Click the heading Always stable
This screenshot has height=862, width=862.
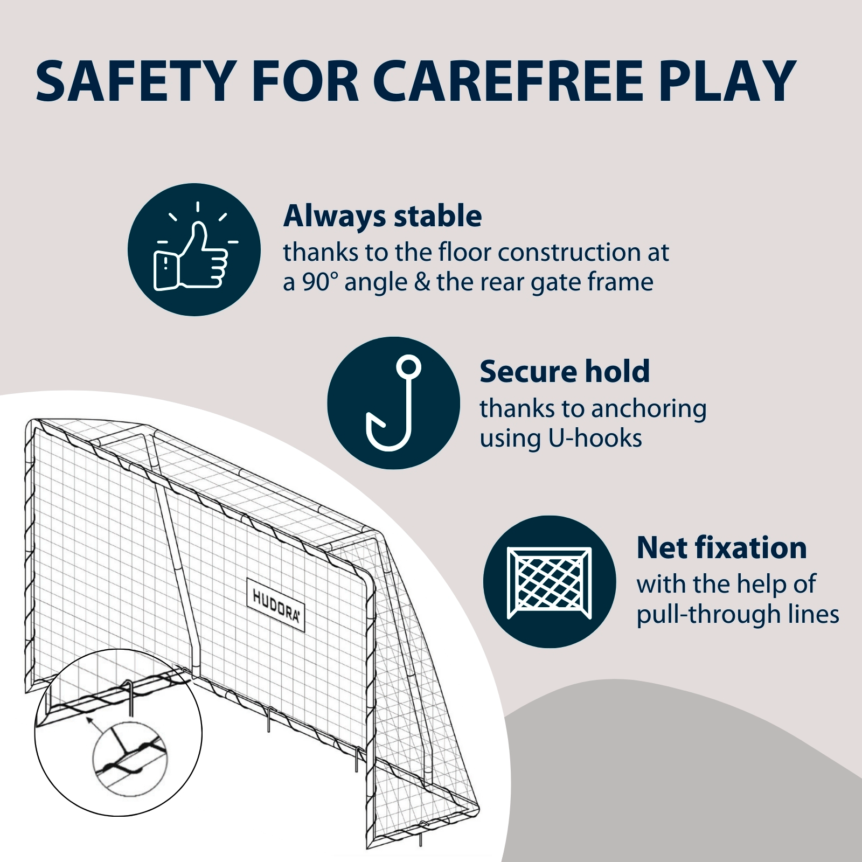click(383, 217)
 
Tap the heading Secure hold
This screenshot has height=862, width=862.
click(565, 372)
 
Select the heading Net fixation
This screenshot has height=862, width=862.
click(721, 548)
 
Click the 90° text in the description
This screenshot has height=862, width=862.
click(319, 282)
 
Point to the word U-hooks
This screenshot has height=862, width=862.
click(595, 438)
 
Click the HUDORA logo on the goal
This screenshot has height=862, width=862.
click(276, 604)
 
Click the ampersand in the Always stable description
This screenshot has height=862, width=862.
click(422, 282)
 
